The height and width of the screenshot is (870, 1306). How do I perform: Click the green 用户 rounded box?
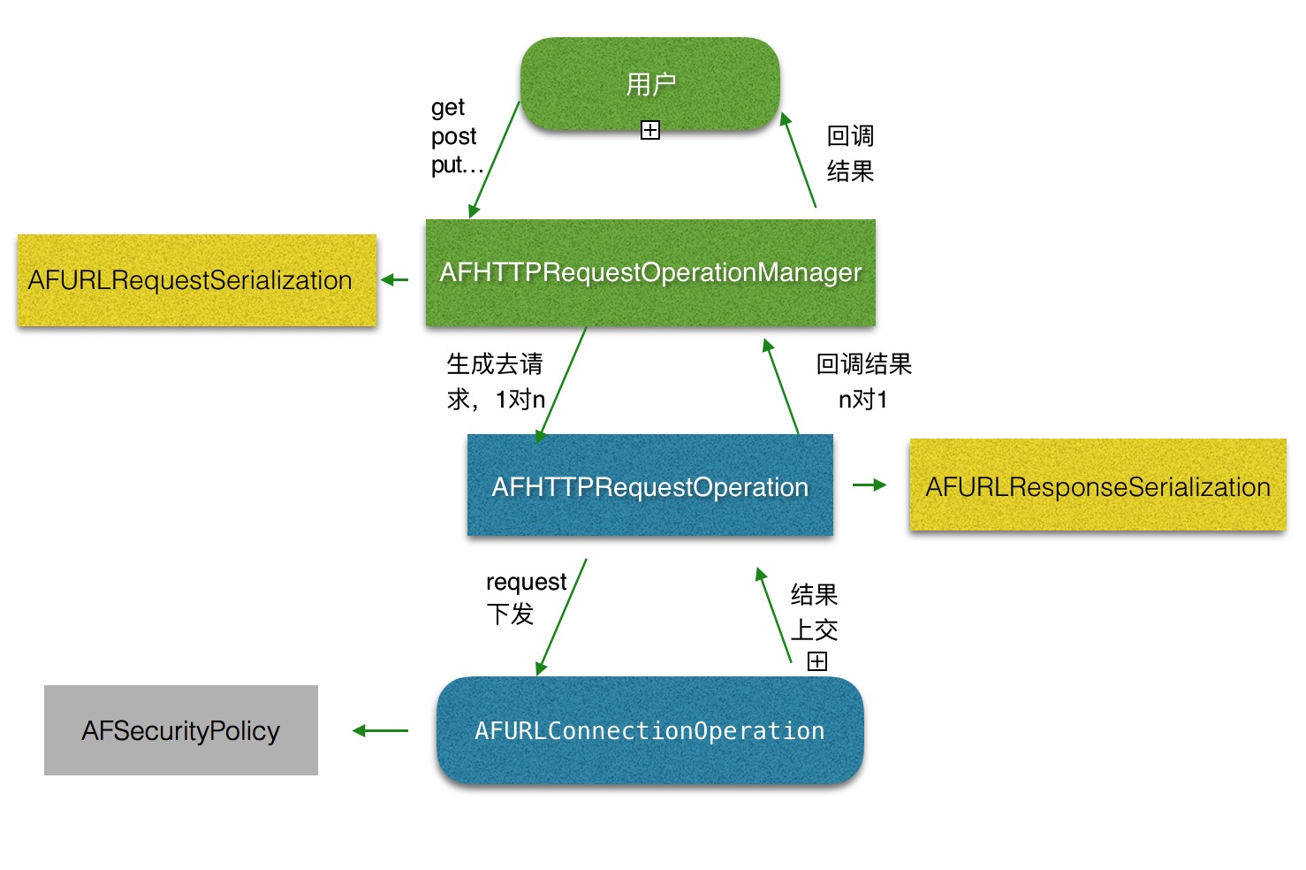coord(650,84)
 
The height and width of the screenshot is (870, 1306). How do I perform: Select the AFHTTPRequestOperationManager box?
coord(650,272)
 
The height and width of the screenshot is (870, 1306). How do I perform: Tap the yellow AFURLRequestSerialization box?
coord(197,280)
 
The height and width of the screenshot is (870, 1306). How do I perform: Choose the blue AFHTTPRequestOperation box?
coord(650,485)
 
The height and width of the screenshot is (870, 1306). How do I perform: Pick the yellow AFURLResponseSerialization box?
coord(1097,485)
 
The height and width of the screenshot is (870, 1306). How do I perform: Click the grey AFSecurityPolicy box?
coord(181,730)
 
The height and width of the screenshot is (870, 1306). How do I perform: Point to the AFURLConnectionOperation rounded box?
coord(649,730)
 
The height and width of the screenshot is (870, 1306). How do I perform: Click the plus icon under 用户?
coord(650,131)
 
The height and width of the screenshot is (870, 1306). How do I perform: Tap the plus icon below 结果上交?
coord(817,661)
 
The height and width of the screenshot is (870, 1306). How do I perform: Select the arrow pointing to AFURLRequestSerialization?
coord(395,280)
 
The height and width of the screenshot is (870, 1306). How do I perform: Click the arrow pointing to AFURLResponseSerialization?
coord(869,485)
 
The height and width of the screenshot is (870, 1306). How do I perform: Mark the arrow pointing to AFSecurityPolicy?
coord(380,730)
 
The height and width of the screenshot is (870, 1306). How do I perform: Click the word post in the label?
coord(453,137)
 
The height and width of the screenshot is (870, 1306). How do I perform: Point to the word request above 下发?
coord(526,582)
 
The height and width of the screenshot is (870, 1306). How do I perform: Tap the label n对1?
coord(862,400)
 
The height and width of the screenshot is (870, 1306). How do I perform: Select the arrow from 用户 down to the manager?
coord(495,160)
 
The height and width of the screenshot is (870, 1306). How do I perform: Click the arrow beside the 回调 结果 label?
coord(798,160)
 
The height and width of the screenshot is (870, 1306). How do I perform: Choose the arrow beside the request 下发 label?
coord(562,617)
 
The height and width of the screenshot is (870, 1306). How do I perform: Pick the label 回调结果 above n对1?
coord(863,363)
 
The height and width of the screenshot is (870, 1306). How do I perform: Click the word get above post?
coord(447,108)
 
